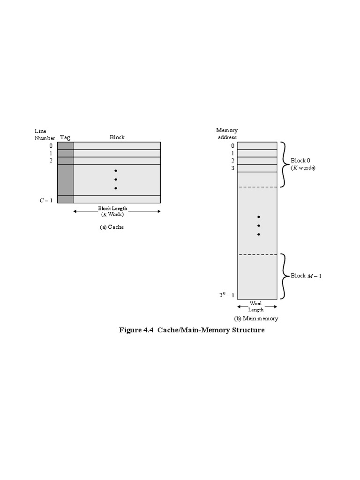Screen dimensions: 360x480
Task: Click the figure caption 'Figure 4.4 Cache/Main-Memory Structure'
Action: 192,330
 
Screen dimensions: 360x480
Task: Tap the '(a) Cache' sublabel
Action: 112,227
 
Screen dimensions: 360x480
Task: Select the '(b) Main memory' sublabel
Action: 256,319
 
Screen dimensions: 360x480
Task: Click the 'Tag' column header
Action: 65,137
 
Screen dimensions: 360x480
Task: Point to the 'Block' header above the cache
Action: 117,137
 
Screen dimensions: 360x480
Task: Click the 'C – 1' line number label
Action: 45,200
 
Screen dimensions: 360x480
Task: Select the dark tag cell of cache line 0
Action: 65,146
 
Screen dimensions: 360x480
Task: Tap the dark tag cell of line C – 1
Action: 65,199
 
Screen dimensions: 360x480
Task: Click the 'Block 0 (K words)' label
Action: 303,164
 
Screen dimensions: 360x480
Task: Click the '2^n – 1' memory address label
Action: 226,295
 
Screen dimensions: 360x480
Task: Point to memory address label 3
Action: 232,168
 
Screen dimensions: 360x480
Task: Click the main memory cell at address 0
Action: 257,146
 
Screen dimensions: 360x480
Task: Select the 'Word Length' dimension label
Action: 256,307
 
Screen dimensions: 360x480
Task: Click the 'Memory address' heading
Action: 227,134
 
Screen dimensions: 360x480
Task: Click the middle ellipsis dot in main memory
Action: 258,225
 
